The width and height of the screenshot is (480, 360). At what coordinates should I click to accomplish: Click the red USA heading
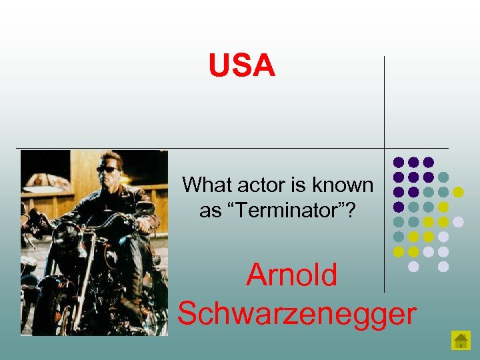point(241,65)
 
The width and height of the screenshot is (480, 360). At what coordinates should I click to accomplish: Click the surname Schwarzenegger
point(297,313)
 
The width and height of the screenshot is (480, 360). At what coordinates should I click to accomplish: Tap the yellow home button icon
point(461,340)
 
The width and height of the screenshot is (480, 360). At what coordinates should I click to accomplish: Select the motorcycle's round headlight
point(67,235)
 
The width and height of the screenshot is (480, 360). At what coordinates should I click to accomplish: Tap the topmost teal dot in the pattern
point(443,177)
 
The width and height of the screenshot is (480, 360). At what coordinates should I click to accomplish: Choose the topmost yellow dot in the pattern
point(458,192)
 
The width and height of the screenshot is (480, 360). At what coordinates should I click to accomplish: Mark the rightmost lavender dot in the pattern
point(458,221)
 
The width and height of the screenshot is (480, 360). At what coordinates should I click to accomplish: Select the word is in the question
point(293,185)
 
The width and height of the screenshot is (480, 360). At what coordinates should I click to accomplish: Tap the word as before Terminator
point(209,211)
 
